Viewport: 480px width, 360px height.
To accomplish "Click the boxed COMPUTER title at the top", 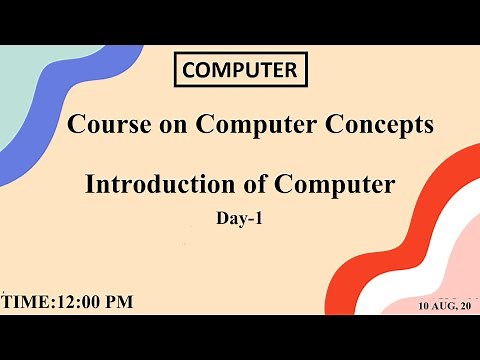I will point(240,70).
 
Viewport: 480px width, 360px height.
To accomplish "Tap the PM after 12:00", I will point(120,302).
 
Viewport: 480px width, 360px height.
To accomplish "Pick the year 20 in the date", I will point(465,305).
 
